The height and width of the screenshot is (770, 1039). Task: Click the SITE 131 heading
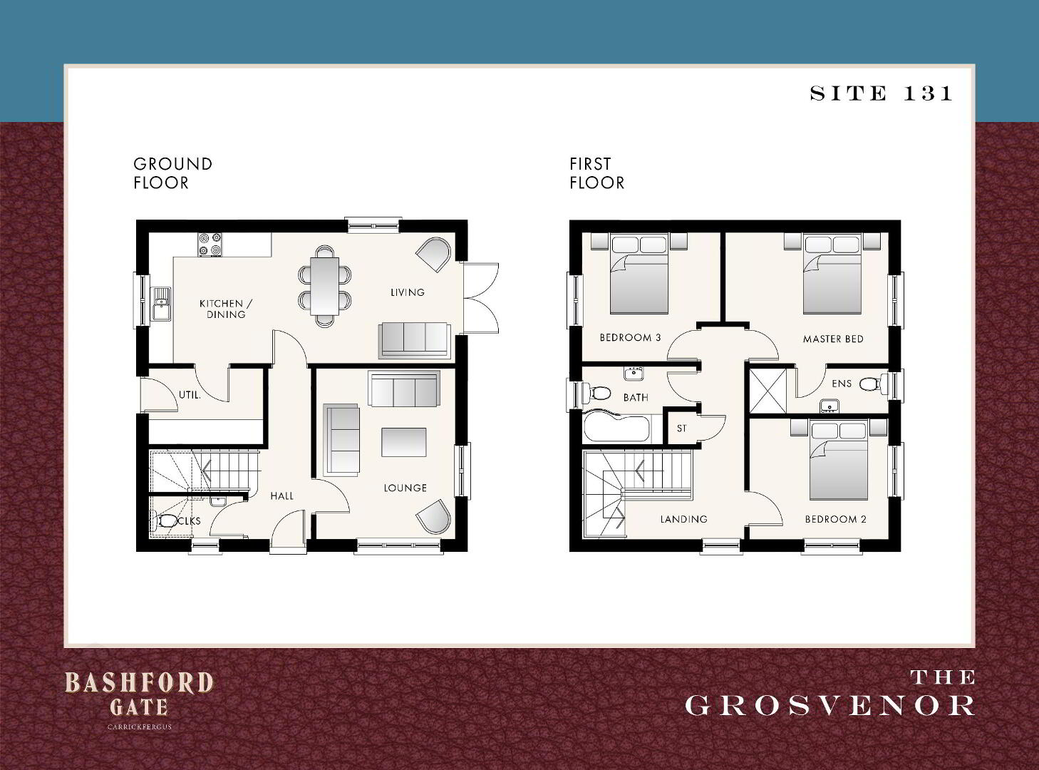click(881, 93)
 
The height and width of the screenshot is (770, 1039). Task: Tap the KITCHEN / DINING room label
click(226, 309)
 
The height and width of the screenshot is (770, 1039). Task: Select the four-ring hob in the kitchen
click(210, 244)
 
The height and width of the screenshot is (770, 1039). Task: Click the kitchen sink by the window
click(160, 304)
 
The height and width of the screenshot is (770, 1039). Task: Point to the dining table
click(325, 286)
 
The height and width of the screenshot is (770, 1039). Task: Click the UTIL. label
click(190, 395)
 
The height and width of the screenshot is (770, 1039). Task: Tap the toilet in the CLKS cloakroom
click(165, 520)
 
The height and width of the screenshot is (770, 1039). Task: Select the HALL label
click(282, 496)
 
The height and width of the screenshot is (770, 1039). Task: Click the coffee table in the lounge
click(404, 442)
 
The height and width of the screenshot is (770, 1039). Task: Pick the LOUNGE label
click(405, 488)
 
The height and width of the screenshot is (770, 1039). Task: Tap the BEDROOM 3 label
click(630, 337)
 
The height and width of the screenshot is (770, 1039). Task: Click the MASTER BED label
click(833, 339)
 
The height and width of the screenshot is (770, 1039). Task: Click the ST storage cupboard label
click(681, 428)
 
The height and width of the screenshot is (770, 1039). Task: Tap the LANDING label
click(683, 519)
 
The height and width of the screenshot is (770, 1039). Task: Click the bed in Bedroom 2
click(839, 461)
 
